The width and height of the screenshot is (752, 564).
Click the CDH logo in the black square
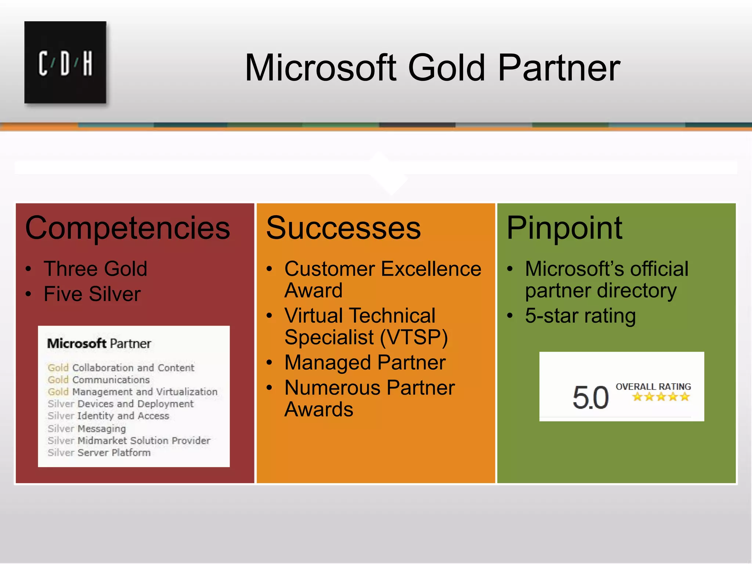[65, 63]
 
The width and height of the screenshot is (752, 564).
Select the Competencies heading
[127, 228]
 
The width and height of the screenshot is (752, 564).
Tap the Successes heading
[343, 228]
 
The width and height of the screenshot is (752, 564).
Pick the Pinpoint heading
[564, 228]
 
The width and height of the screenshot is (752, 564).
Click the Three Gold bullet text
[95, 269]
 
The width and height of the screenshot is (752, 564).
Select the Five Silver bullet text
[92, 294]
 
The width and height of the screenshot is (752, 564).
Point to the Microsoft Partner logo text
[99, 344]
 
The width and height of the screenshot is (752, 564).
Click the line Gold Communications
[99, 380]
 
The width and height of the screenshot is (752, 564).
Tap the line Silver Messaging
[87, 429]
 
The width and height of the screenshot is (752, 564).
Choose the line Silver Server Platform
[99, 453]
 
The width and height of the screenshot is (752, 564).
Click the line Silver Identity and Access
[109, 416]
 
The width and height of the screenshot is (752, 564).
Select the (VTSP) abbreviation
[414, 337]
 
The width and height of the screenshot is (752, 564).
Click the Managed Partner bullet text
[365, 363]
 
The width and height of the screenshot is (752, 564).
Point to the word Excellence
[431, 269]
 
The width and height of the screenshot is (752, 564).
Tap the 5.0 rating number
[590, 398]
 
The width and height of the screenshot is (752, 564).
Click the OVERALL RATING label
[653, 387]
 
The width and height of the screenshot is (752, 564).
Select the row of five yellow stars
[661, 397]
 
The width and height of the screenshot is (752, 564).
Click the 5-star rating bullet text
[580, 316]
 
